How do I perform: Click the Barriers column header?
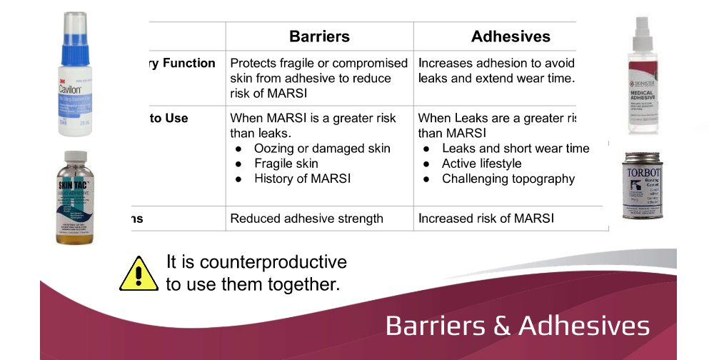click(x=319, y=36)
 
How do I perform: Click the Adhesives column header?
click(x=511, y=36)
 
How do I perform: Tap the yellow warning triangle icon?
click(x=138, y=273)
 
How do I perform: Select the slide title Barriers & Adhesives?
click(x=517, y=326)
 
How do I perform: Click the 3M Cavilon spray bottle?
click(x=80, y=75)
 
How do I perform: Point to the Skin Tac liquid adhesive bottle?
click(x=80, y=197)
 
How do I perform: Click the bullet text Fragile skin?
click(x=286, y=164)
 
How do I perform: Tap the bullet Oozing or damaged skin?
click(x=322, y=149)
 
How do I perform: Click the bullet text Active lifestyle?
click(x=481, y=164)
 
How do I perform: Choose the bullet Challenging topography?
click(x=508, y=179)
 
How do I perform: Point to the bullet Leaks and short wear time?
click(x=516, y=149)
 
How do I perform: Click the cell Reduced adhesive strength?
click(x=306, y=219)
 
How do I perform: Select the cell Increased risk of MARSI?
click(x=486, y=219)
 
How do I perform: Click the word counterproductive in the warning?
click(x=273, y=262)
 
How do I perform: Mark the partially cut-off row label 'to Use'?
click(x=169, y=118)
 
